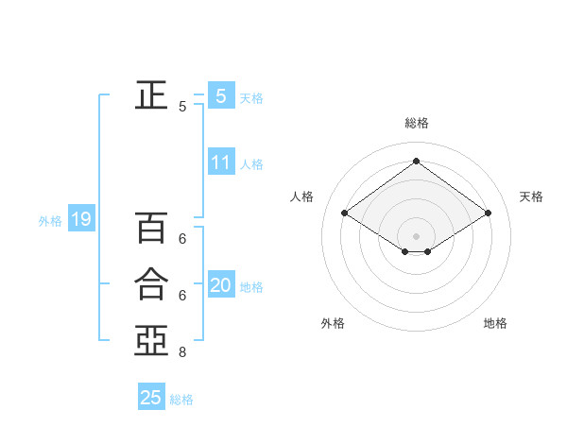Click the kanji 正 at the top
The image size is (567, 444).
[x=150, y=94]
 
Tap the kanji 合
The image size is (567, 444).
[x=150, y=283]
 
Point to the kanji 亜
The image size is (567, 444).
[x=150, y=340]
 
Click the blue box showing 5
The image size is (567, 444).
[x=220, y=95]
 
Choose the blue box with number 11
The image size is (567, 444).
[x=220, y=162]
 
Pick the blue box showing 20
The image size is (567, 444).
[x=220, y=285]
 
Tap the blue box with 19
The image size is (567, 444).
[x=81, y=220]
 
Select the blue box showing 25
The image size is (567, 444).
[x=151, y=398]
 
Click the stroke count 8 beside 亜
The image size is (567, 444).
[x=182, y=353]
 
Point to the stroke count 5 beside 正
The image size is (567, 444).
[x=182, y=108]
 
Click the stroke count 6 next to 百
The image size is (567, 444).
[x=182, y=240]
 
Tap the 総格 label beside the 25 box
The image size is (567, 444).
[x=181, y=400]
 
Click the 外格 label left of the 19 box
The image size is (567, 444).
[x=50, y=221]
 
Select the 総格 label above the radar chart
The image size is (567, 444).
[x=416, y=123]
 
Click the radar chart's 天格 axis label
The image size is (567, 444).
[x=531, y=196]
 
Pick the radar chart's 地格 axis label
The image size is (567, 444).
[x=495, y=323]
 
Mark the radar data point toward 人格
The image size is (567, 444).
[x=345, y=213]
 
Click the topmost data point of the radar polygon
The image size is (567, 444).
[x=416, y=161]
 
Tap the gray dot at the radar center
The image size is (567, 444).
[x=416, y=234]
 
